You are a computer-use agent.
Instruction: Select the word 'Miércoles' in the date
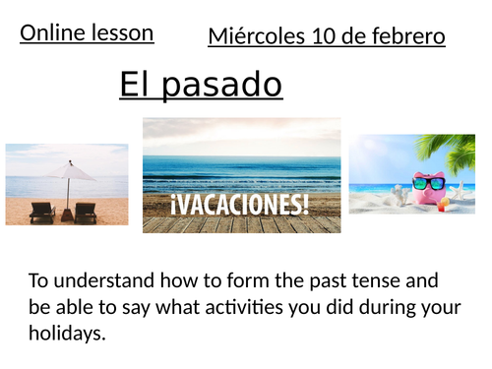point(250,37)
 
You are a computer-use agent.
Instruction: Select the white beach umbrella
point(71,171)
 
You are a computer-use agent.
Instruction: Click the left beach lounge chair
point(42,211)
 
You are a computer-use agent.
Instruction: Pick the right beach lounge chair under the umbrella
point(85,211)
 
